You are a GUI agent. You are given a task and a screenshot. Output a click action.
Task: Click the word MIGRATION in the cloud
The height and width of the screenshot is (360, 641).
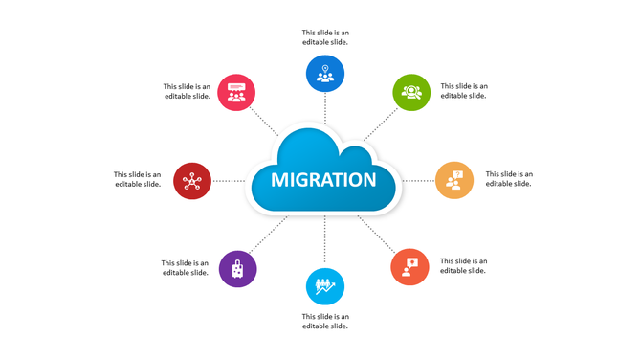[323, 180]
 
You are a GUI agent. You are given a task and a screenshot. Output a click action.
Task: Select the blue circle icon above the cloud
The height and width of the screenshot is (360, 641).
[325, 74]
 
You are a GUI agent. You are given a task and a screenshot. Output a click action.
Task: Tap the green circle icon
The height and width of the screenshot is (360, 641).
[412, 92]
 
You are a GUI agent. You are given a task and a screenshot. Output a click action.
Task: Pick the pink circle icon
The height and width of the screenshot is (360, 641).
[236, 93]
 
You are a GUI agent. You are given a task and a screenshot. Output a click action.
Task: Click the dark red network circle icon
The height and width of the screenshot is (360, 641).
[192, 180]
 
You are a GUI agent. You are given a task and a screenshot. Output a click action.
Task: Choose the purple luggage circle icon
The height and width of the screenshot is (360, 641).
[237, 269]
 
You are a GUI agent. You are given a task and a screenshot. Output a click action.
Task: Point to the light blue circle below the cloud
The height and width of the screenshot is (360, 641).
[325, 286]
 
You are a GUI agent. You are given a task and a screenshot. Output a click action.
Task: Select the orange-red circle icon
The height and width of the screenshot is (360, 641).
[410, 267]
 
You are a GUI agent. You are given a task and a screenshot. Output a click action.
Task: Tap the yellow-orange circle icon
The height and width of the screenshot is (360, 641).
[454, 180]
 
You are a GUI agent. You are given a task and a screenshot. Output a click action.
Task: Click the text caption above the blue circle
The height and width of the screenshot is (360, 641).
[325, 37]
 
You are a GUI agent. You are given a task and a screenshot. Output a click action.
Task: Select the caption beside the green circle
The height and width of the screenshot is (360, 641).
[464, 91]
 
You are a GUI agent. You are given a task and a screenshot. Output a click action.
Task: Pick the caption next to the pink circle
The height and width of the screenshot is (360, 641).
[187, 91]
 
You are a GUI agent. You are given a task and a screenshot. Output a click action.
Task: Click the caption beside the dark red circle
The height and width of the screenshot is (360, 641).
[138, 179]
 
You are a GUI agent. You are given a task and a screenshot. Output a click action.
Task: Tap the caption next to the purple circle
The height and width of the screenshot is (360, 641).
[186, 267]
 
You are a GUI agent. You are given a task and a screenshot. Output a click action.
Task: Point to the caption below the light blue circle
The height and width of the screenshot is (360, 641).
[325, 321]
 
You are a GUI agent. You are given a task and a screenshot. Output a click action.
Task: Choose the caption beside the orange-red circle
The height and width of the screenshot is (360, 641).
[464, 265]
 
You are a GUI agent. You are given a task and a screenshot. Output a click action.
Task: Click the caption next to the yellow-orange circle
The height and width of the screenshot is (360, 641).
[509, 179]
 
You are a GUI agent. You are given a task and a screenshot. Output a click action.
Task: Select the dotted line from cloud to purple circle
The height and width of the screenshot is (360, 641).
[270, 235]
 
